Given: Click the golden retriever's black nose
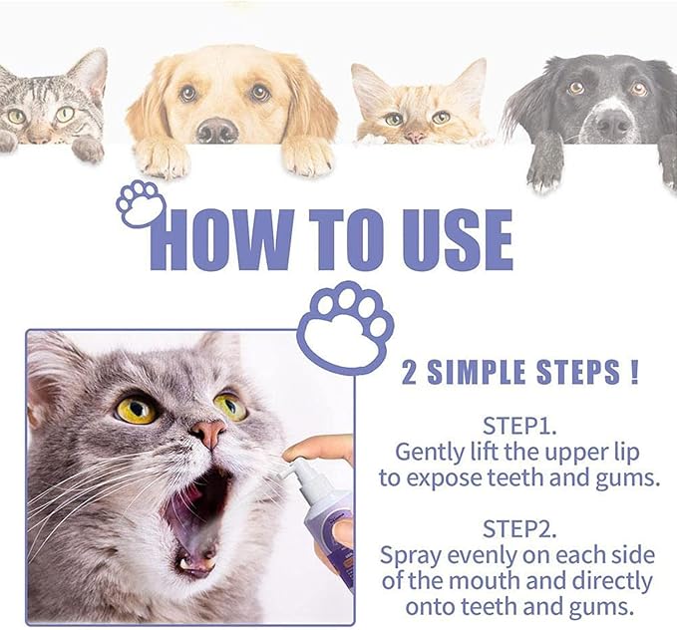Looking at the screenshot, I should (x=218, y=130).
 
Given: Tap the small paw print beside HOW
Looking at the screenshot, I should (x=141, y=202).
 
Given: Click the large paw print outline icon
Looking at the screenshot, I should (x=345, y=328).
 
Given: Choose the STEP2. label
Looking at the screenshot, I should (x=517, y=528).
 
